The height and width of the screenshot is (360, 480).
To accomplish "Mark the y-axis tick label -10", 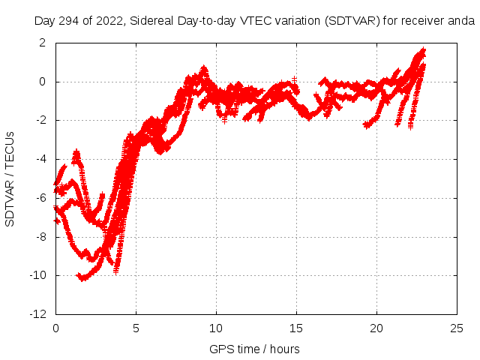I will point(40,276).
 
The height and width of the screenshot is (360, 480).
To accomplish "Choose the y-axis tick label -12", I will point(40,314).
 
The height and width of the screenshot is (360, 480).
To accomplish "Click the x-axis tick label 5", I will point(136,328).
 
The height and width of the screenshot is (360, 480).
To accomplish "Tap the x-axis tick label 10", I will point(216,328).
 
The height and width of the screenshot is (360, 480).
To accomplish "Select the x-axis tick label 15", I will point(296,328).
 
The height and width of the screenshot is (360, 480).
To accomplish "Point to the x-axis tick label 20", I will point(376,328).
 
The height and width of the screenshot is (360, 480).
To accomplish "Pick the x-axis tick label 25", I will point(457,328).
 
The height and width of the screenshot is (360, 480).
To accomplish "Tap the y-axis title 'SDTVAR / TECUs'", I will point(10,178).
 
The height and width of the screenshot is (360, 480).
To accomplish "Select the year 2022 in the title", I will point(110,20).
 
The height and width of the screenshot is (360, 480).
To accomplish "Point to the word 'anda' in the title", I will point(461,20).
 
